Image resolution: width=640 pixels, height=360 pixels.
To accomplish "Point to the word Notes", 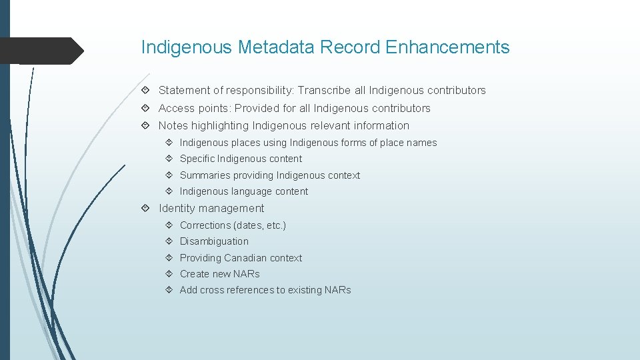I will [173, 125].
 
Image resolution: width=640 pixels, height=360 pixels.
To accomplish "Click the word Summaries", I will [204, 175].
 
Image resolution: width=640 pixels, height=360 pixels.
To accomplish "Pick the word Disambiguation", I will [214, 241].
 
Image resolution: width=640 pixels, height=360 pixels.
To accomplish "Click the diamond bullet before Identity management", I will [145, 209].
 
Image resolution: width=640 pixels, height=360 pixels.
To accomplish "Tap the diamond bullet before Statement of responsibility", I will [145, 90].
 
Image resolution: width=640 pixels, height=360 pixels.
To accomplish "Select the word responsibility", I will [259, 90].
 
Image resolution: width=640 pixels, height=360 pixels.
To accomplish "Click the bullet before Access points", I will [145, 108].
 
